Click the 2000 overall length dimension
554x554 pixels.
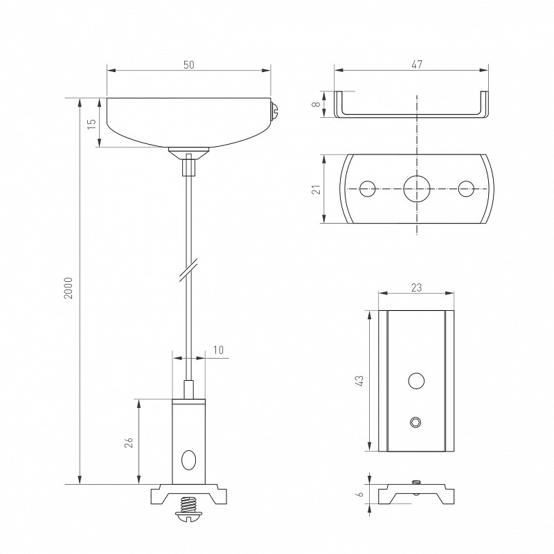click(x=68, y=288)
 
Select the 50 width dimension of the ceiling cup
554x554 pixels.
click(x=188, y=65)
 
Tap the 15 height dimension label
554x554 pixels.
click(x=91, y=124)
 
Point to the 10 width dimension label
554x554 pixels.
click(x=219, y=350)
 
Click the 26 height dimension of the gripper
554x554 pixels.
click(x=129, y=443)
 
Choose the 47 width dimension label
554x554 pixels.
click(x=417, y=64)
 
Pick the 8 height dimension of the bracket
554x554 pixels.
click(x=317, y=104)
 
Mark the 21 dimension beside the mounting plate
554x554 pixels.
click(x=317, y=189)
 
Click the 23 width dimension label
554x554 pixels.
click(x=417, y=287)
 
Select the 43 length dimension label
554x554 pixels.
click(x=359, y=380)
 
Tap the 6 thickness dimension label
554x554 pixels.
click(x=360, y=494)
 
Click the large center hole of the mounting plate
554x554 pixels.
click(x=417, y=188)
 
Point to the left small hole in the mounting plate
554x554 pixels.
click(x=368, y=188)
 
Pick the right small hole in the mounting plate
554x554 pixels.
click(x=466, y=188)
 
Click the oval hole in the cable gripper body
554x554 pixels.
click(x=188, y=460)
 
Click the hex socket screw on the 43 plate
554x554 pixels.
click(x=416, y=422)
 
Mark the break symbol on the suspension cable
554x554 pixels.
click(x=188, y=271)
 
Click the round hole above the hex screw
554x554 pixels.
click(x=416, y=381)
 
